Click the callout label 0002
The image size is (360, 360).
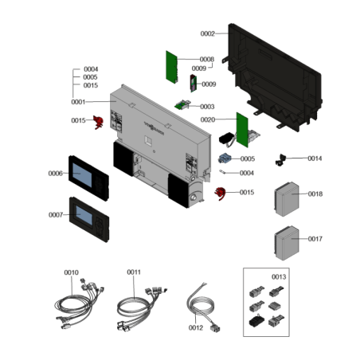207,33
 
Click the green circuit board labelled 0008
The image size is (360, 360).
171,67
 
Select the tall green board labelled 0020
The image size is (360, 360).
242,130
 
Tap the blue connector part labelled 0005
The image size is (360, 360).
225,158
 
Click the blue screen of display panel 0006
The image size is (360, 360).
82,175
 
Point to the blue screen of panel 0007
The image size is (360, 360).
84,215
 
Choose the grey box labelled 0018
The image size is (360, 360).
287,199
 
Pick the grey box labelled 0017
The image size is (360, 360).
287,243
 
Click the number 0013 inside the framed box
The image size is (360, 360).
279,277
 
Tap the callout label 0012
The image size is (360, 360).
196,328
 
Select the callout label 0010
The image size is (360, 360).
71,272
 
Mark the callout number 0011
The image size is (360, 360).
134,272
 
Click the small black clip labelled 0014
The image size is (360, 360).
280,160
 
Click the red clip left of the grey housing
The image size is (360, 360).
98,122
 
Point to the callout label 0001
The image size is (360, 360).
78,102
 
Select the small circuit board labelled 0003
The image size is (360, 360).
182,104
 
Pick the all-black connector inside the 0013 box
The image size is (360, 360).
256,321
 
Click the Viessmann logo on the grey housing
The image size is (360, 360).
154,128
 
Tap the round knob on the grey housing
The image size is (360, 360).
194,198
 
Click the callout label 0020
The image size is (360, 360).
208,119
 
